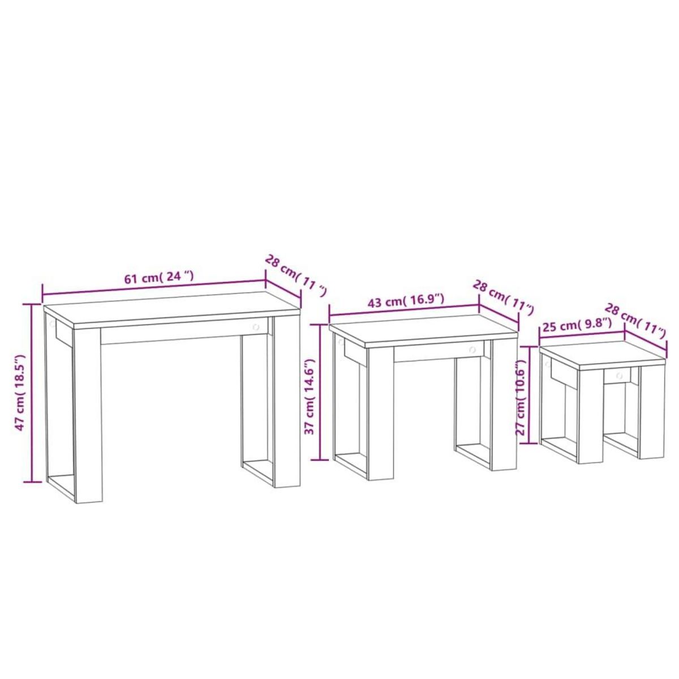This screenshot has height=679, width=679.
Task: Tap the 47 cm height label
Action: click(x=21, y=393)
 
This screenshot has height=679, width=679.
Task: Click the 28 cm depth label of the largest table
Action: click(x=295, y=276)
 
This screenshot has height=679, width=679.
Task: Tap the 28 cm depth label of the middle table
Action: click(x=503, y=297)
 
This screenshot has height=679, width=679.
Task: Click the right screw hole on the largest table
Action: click(x=256, y=328)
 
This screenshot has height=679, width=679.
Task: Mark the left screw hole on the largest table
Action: click(x=52, y=324)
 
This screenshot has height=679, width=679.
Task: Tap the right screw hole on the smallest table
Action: click(x=618, y=374)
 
